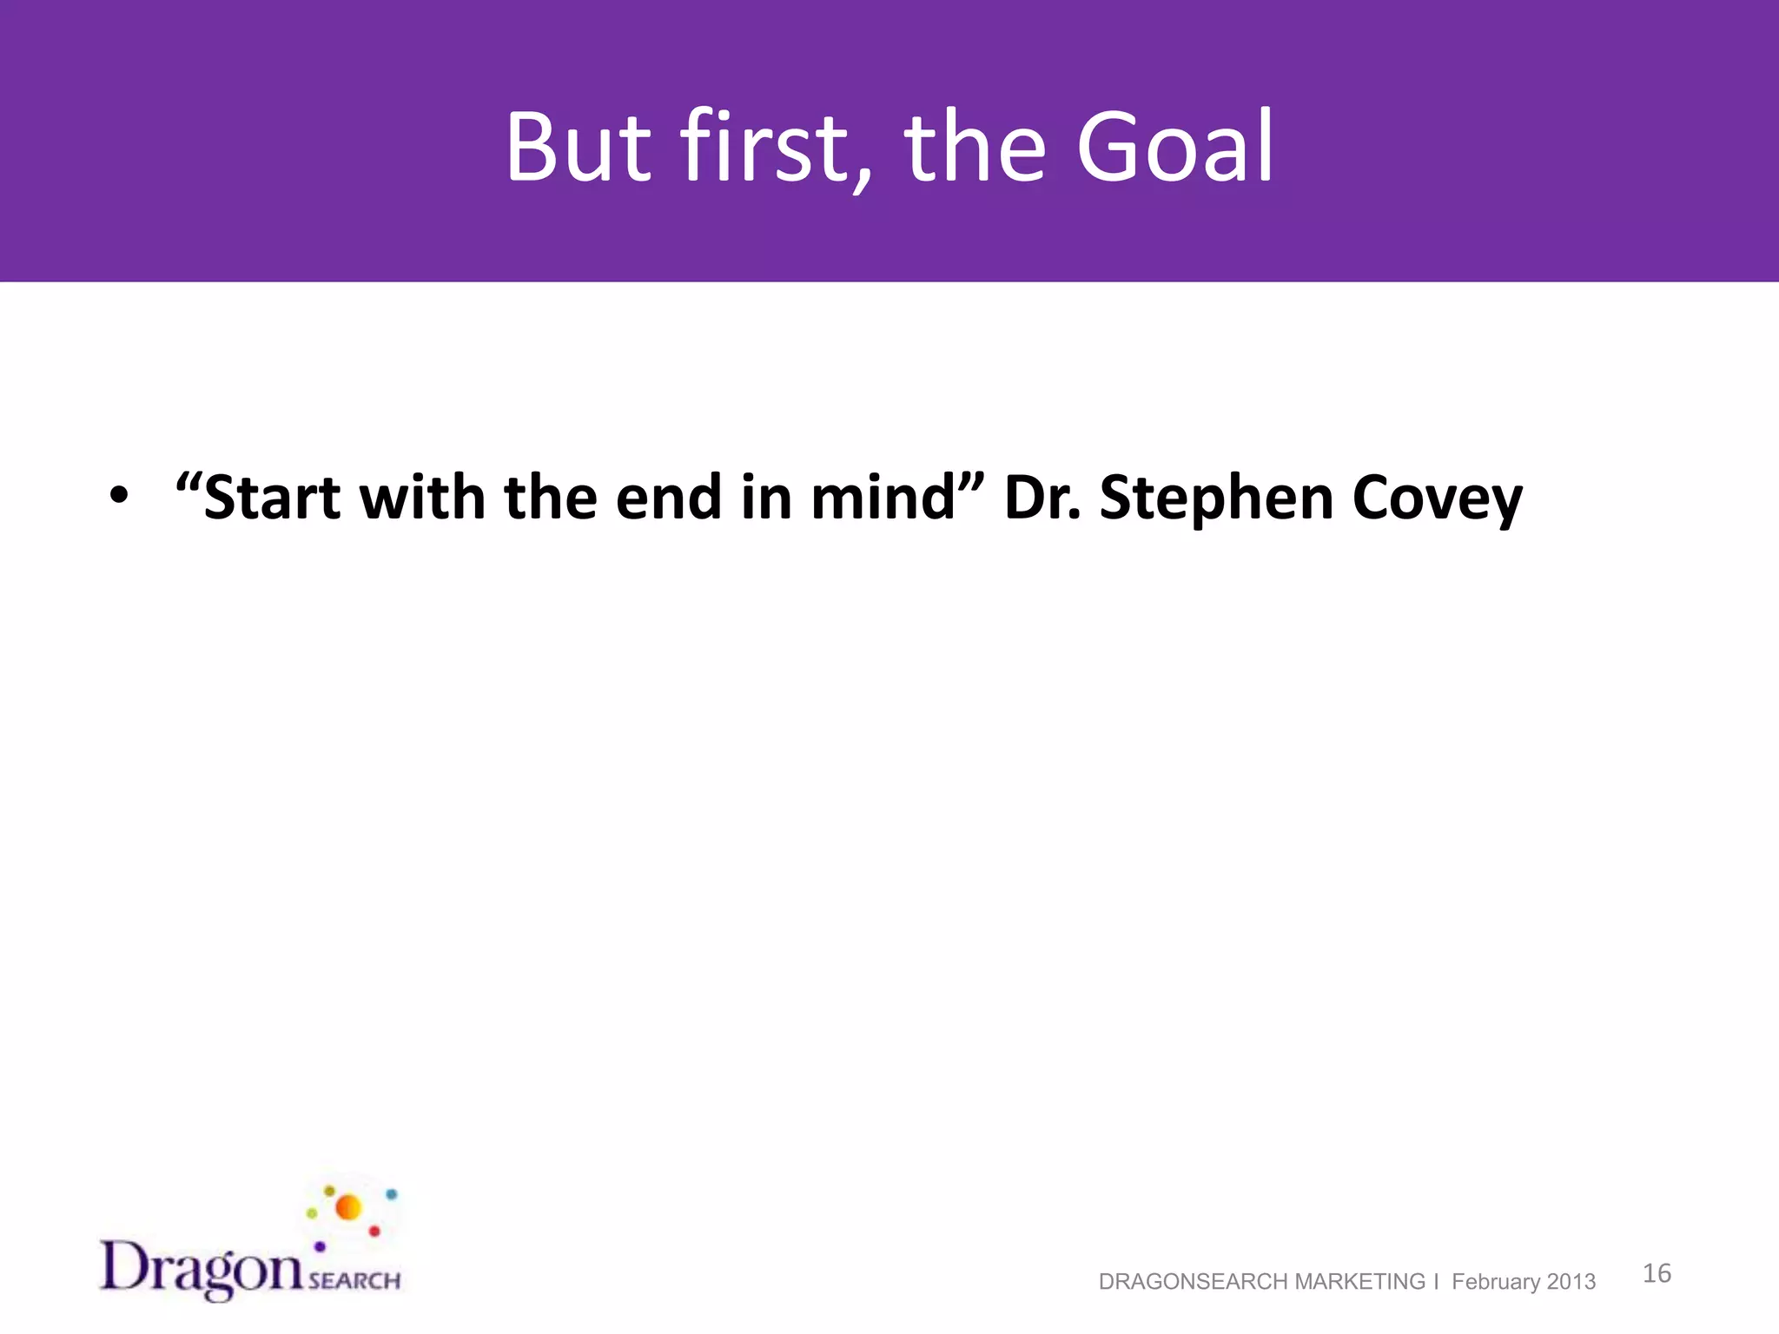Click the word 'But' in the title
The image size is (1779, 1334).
coord(578,148)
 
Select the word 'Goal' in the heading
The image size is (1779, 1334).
coord(1174,148)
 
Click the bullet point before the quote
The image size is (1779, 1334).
coord(118,497)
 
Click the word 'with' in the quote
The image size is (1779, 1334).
coord(422,499)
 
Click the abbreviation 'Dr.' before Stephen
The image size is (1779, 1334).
coord(1042,499)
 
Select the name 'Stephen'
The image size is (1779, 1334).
coord(1216,500)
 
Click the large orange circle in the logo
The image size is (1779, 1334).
coord(348,1207)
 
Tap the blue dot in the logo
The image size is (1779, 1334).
coord(391,1195)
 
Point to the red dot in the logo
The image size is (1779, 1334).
coord(374,1232)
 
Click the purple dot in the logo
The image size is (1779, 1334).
coord(320,1246)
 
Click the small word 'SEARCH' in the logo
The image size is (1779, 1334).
coord(354,1281)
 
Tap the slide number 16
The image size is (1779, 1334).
coord(1657,1273)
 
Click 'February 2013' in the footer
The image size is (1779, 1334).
coord(1524,1282)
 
